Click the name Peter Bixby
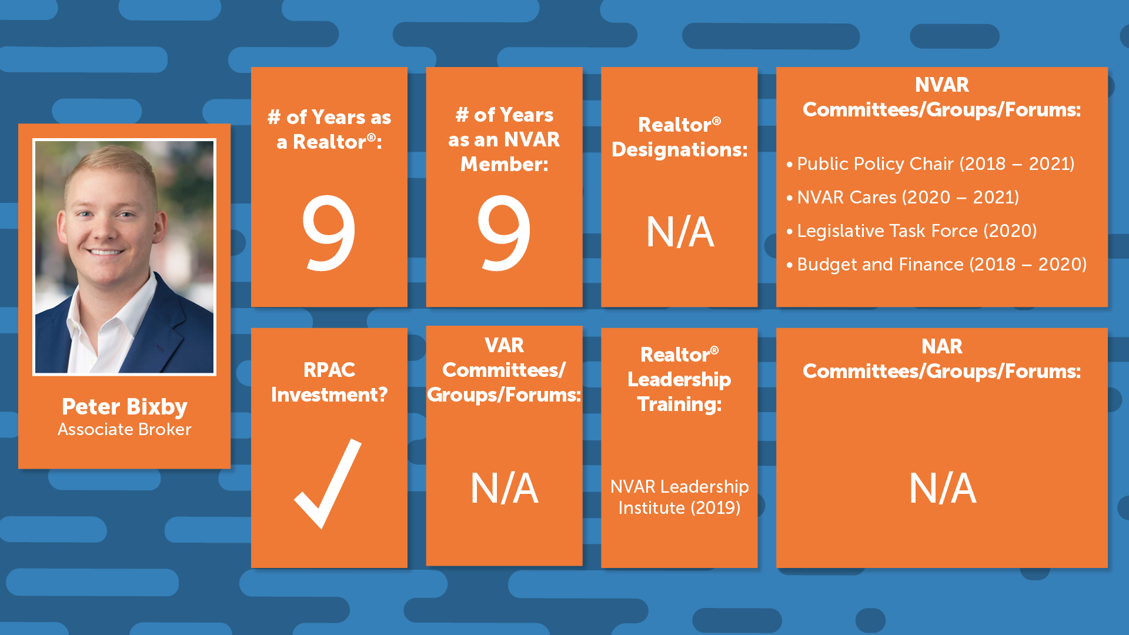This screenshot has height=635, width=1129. click(125, 407)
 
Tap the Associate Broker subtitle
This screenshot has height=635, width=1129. click(125, 429)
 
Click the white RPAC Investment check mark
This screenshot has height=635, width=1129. click(328, 483)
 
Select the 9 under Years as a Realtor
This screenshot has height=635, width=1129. click(329, 233)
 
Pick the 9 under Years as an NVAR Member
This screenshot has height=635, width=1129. click(504, 233)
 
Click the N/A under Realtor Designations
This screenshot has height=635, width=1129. click(680, 232)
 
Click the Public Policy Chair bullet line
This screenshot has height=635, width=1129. click(930, 163)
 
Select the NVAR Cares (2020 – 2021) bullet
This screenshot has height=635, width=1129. click(903, 197)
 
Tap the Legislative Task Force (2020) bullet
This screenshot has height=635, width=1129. click(911, 230)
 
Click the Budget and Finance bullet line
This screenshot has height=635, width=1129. click(936, 264)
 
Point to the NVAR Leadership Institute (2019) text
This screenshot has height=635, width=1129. click(679, 497)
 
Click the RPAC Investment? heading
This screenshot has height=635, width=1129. click(329, 382)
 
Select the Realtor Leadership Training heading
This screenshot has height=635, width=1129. click(679, 379)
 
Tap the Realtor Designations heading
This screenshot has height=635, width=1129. click(679, 137)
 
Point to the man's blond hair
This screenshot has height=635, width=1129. click(112, 168)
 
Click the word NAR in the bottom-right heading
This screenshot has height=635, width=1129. click(942, 346)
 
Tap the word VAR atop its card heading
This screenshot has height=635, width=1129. click(504, 345)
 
